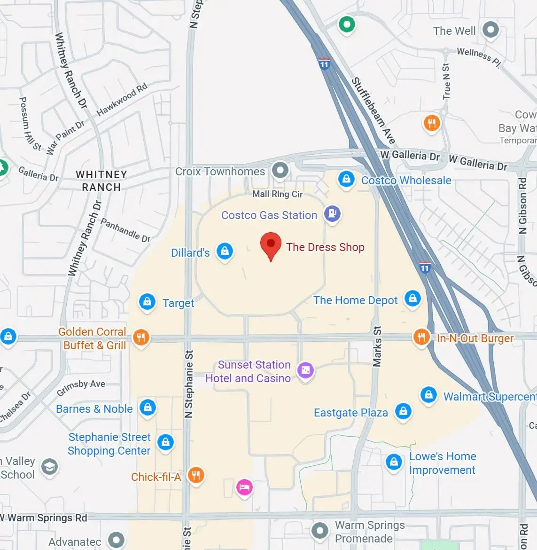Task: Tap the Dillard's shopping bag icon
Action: coord(225,251)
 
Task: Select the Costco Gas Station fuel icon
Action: coord(332,214)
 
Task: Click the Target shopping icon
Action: coord(147,302)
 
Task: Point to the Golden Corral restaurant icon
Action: coord(141,337)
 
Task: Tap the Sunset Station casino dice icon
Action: coord(305,370)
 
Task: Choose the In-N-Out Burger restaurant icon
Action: coord(421,337)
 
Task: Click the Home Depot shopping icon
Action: coord(412,298)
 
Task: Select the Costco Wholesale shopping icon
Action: coord(346,179)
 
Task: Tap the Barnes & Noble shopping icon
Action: coord(148,407)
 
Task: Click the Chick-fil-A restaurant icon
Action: coord(196,475)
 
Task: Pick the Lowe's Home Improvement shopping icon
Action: coord(394,462)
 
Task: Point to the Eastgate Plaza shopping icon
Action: coord(403,411)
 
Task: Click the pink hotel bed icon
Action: coord(244,487)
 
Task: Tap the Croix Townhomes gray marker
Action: coord(280,170)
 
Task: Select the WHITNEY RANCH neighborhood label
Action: coord(101,181)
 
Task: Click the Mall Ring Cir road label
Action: coord(277,194)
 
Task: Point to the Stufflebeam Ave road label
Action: coord(374,111)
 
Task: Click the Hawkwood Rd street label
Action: coord(122,99)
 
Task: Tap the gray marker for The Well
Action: coord(490,30)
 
